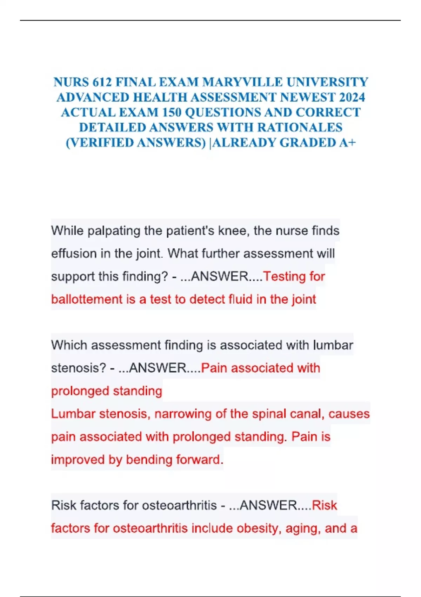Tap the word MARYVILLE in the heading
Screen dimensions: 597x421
[242, 82]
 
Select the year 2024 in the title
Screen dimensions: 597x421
[349, 97]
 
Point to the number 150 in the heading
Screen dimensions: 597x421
[172, 112]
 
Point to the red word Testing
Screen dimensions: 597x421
[285, 277]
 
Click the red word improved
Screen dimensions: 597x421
[78, 460]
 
